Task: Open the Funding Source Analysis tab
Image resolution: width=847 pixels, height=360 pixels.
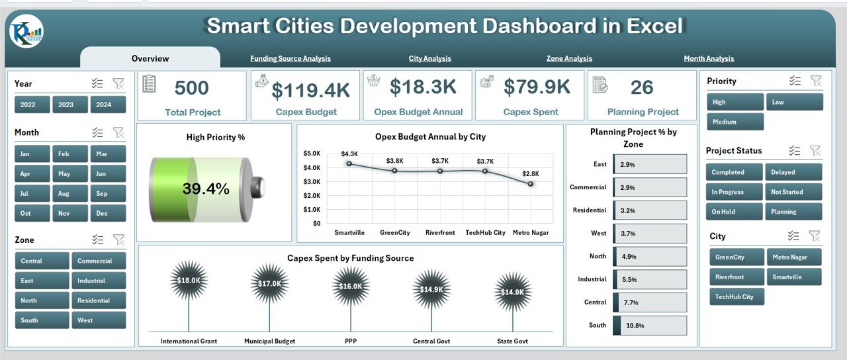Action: (x=290, y=58)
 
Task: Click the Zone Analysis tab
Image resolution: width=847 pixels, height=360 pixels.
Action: (x=569, y=58)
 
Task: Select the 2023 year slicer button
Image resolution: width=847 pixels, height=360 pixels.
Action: (x=66, y=105)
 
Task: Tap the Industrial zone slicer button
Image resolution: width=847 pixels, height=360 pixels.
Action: (x=98, y=281)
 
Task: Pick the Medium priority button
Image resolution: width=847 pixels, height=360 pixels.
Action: (x=735, y=122)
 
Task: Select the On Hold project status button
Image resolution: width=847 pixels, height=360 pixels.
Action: (x=735, y=212)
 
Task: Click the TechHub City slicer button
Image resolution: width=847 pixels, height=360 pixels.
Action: (x=735, y=296)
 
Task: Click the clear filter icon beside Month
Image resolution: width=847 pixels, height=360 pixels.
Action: (x=118, y=132)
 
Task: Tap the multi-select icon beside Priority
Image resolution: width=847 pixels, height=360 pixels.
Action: (x=795, y=81)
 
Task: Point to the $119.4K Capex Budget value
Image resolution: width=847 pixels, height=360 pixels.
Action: (x=311, y=89)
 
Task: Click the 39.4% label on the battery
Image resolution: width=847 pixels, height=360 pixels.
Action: (x=206, y=189)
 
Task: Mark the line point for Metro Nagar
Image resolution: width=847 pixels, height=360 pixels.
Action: (x=531, y=184)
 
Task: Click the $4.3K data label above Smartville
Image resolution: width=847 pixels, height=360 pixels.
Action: (x=349, y=154)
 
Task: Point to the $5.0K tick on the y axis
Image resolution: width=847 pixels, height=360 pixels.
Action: (x=312, y=153)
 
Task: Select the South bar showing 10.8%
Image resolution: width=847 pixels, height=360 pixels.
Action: (x=648, y=326)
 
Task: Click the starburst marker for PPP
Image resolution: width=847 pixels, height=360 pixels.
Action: (x=351, y=286)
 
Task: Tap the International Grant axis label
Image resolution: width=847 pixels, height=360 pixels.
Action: (x=188, y=341)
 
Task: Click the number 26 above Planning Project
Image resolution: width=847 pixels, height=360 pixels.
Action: (x=642, y=87)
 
